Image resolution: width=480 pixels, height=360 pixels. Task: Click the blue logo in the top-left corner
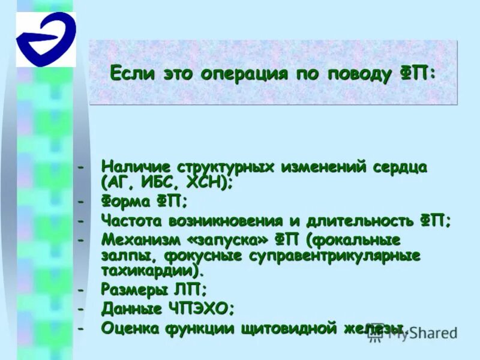pos(46,40)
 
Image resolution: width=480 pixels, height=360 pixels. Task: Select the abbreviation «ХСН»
pos(206,181)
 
